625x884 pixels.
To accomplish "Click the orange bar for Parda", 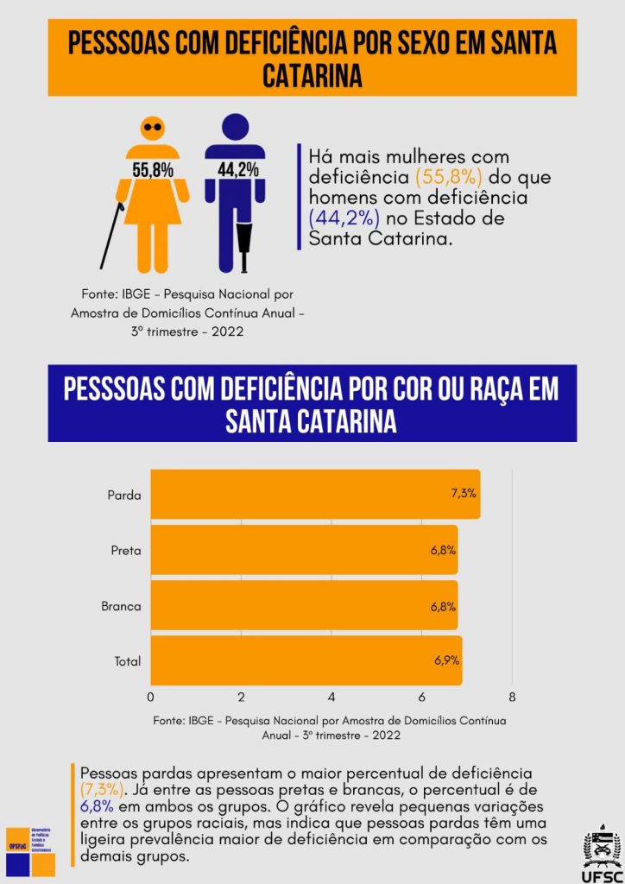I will (x=315, y=495).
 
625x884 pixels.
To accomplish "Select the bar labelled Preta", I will (x=304, y=550).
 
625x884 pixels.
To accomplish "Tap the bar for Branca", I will (x=304, y=606).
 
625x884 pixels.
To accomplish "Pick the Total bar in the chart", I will (x=306, y=661).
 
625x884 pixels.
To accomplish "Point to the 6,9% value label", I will (x=446, y=661).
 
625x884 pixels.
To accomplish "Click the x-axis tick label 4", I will (x=331, y=697).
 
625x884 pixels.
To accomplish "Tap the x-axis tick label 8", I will (x=512, y=697).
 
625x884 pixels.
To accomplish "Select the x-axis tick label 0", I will (x=151, y=697).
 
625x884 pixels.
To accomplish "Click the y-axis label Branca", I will (x=121, y=606).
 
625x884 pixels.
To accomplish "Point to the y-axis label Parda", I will (x=124, y=495).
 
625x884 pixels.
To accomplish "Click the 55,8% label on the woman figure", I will (x=153, y=169).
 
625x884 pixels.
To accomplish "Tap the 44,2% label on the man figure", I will (x=238, y=169).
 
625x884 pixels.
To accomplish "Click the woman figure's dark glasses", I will (x=153, y=127).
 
